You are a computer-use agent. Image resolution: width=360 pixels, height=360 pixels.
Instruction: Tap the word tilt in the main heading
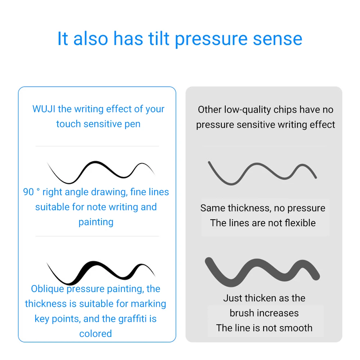click(159, 39)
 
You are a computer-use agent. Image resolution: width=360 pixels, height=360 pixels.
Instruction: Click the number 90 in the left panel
click(28, 192)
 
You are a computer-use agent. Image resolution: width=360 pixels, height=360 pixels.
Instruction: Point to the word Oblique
click(48, 289)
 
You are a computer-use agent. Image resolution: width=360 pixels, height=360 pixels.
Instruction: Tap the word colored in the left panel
click(95, 334)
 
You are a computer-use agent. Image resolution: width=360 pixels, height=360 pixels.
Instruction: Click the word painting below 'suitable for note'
click(96, 222)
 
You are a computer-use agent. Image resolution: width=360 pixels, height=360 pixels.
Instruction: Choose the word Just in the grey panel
click(232, 298)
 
